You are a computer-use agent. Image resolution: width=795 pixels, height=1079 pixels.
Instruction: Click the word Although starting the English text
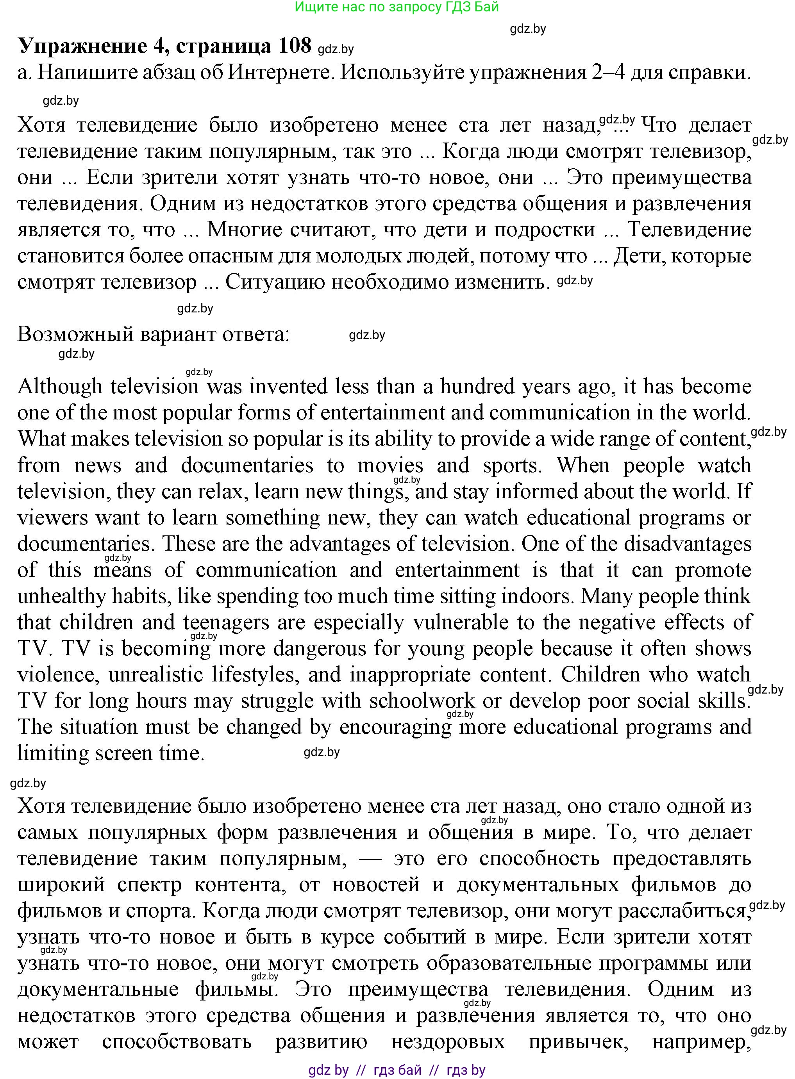pos(60,387)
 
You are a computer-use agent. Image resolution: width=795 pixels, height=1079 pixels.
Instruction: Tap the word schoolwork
pos(422,701)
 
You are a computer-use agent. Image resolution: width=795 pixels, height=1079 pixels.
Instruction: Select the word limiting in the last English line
pos(52,753)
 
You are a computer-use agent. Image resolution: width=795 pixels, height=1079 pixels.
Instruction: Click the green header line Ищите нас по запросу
pos(397,7)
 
